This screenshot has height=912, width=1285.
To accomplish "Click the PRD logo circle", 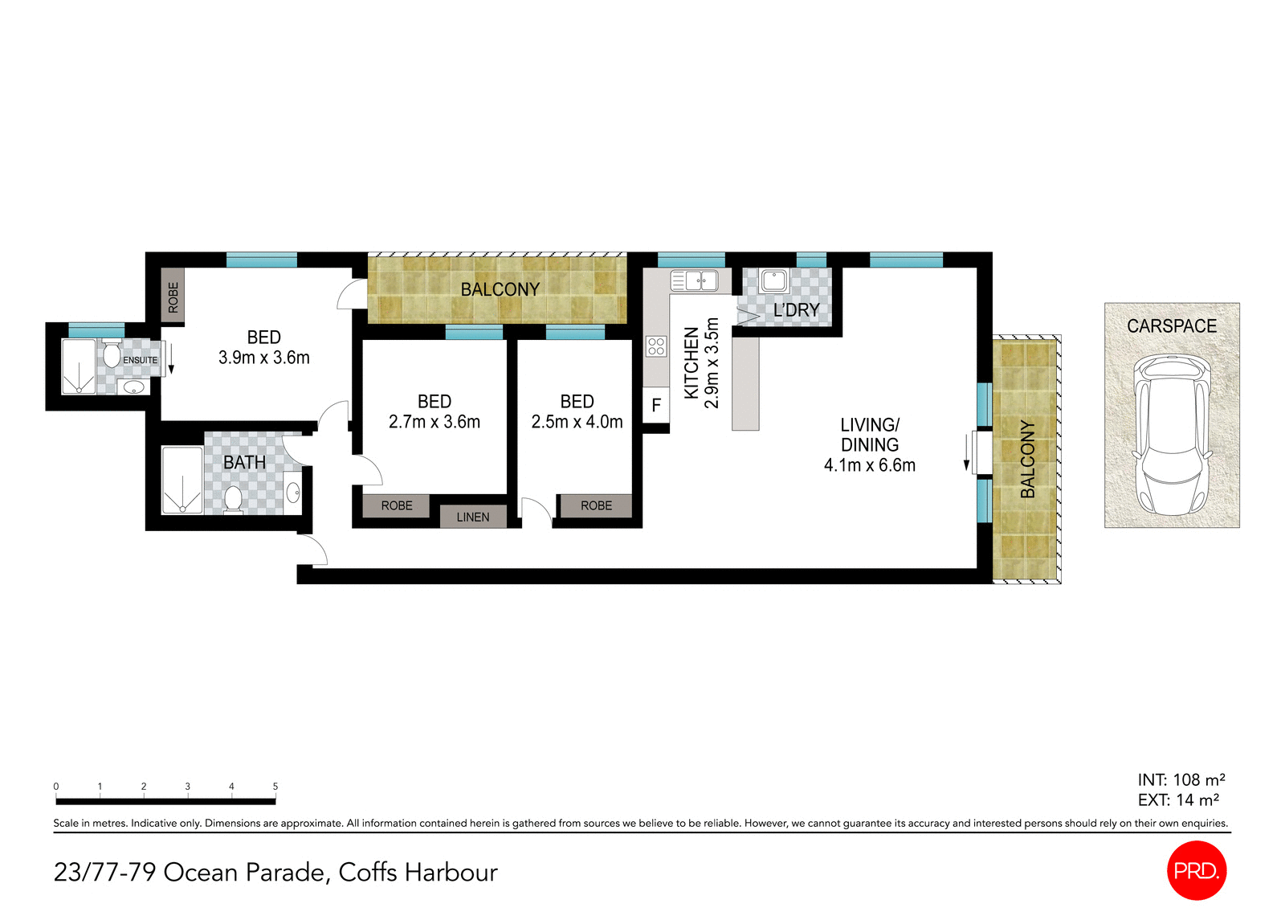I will pos(1196,870).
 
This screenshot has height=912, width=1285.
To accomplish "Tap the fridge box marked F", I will pos(656,405).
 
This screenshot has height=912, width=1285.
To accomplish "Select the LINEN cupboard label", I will pos(473,517).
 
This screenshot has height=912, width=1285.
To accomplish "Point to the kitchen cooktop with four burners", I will pos(656,346).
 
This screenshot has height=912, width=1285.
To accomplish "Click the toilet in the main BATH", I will pos(233,499).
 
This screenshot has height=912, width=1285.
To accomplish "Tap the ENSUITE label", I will pos(140,360).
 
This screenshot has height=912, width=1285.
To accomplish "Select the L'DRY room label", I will pos(796,310).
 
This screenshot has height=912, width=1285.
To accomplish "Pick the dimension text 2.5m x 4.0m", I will pos(577,422).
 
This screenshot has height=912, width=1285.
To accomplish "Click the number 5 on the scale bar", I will pos(275,787).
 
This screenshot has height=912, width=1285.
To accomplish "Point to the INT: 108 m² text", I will pos(1181,779).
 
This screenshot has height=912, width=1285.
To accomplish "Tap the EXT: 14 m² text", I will pos(1178,800).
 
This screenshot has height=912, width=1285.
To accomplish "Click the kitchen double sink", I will pos(694,280).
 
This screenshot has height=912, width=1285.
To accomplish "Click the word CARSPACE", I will pos(1171,325).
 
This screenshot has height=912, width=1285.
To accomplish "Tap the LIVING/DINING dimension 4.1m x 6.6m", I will pos(869,465).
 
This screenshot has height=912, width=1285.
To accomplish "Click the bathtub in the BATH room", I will pos(182,481).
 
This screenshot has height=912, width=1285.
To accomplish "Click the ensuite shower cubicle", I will pos(79,366).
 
